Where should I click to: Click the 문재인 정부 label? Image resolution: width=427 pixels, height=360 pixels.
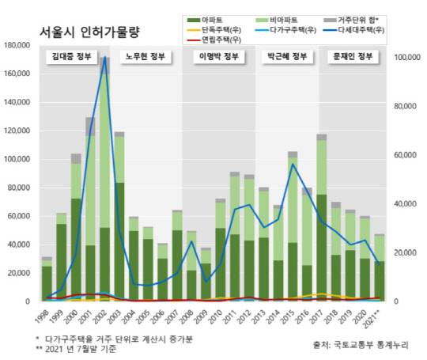point(350,57)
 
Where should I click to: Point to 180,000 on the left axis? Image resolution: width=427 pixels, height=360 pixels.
point(17,45)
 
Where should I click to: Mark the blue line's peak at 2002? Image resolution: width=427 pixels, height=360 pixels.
point(104,58)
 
